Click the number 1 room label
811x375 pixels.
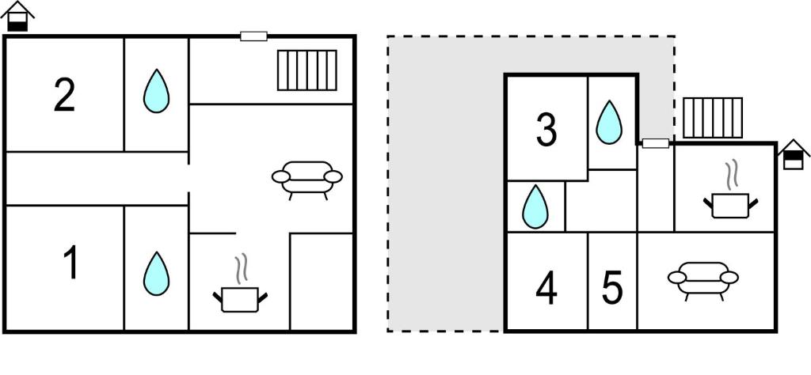point(70,263)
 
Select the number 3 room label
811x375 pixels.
point(546,130)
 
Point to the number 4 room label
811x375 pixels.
point(546,290)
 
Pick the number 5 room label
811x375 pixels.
point(612,290)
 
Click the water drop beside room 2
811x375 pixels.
point(156,91)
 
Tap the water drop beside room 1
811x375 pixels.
point(156,273)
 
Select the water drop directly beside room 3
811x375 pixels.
point(609,122)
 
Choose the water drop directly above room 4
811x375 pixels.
point(535,206)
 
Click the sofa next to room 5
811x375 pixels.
point(703,279)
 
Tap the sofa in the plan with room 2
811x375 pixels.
point(307,180)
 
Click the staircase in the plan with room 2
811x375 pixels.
point(307,70)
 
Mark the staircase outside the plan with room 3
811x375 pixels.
point(713,118)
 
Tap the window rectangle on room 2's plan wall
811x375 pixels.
point(254,36)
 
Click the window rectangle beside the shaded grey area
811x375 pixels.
point(655,144)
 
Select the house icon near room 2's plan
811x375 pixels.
point(17,16)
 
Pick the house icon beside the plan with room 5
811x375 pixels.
point(793,154)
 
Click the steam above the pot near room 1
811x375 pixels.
point(241,268)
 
